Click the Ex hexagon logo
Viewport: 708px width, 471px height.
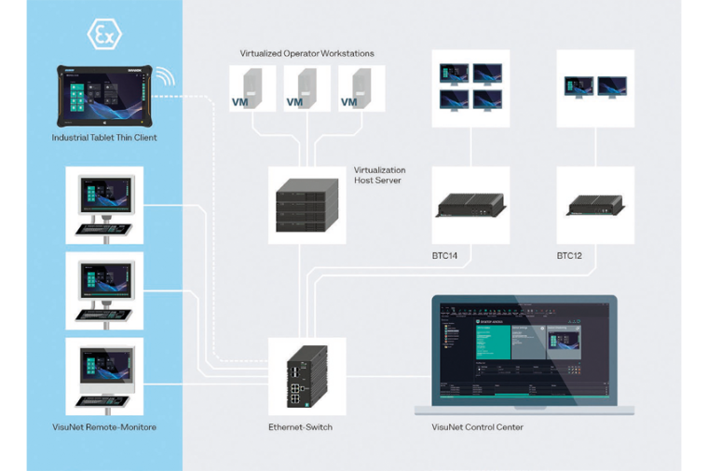[x=104, y=35]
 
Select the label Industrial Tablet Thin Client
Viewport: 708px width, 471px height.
[x=104, y=138]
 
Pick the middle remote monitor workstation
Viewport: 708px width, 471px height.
[x=104, y=290]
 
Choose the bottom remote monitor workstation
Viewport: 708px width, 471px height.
[x=104, y=375]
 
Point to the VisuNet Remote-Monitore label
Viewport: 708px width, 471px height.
[x=104, y=427]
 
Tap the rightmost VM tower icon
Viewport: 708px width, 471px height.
[x=359, y=90]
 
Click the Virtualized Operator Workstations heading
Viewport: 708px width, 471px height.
[x=307, y=54]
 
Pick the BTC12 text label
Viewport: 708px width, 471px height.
[x=569, y=255]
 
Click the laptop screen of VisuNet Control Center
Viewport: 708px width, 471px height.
[x=524, y=351]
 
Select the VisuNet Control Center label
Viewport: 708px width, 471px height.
[x=478, y=427]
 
